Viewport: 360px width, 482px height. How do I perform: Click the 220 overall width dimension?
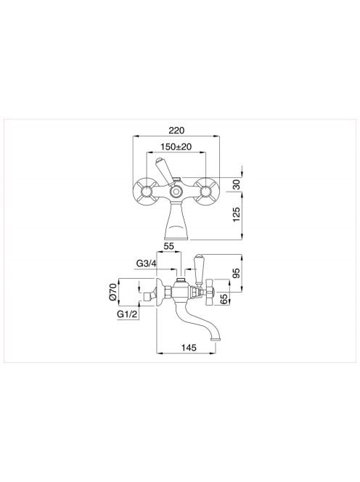(x=176, y=131)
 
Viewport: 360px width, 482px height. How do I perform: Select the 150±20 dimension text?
(x=176, y=147)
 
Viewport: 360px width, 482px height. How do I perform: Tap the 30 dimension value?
(x=236, y=184)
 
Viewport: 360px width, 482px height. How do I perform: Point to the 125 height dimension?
(x=236, y=214)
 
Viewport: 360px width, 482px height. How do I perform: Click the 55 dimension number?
(x=169, y=246)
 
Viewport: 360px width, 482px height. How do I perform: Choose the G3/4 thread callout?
(x=147, y=264)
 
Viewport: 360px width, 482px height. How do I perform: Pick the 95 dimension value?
(x=236, y=273)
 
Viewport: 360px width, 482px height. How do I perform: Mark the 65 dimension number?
(x=225, y=298)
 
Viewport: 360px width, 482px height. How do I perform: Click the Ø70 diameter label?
(x=112, y=292)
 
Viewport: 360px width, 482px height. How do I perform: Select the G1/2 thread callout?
(x=128, y=314)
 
